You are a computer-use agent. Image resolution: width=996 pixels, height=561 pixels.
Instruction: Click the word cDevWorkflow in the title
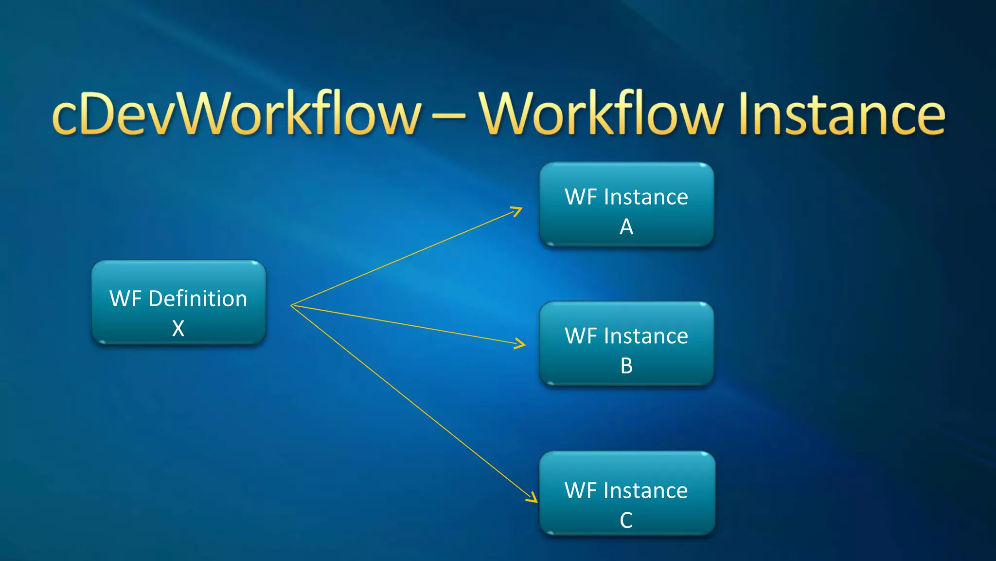click(236, 114)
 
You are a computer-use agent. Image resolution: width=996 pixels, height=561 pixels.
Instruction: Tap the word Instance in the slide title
click(841, 114)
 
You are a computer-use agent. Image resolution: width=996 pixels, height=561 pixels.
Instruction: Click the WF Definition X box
click(178, 302)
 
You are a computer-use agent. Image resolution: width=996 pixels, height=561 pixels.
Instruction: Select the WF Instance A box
click(626, 205)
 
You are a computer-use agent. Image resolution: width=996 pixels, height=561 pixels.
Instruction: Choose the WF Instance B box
click(626, 344)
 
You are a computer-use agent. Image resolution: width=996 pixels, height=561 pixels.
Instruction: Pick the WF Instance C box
click(627, 493)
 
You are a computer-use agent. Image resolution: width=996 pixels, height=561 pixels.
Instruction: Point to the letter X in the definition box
click(178, 329)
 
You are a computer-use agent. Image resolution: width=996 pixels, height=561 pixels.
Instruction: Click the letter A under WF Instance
click(626, 227)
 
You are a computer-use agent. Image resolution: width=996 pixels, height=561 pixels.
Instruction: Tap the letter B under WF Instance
click(626, 366)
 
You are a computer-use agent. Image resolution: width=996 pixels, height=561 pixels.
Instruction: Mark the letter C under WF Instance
click(626, 521)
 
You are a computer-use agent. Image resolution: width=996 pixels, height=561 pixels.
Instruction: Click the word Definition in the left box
click(198, 299)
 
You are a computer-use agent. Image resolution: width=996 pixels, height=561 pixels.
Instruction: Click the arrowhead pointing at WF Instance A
click(517, 211)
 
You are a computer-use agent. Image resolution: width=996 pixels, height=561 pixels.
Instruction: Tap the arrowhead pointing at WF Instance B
click(521, 344)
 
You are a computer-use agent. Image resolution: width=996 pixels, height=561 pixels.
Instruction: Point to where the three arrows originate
click(292, 305)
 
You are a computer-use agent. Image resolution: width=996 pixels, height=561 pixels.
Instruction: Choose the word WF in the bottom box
click(581, 490)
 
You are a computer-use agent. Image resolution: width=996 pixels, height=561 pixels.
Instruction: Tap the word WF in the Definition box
click(125, 299)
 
